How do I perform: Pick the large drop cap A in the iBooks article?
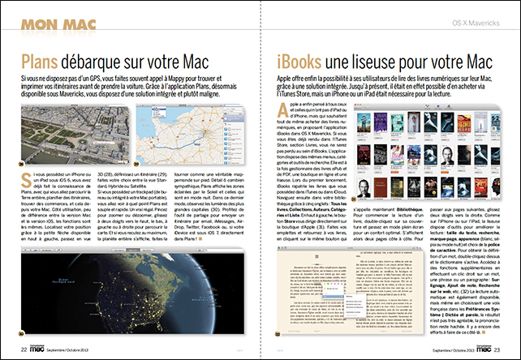284,111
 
